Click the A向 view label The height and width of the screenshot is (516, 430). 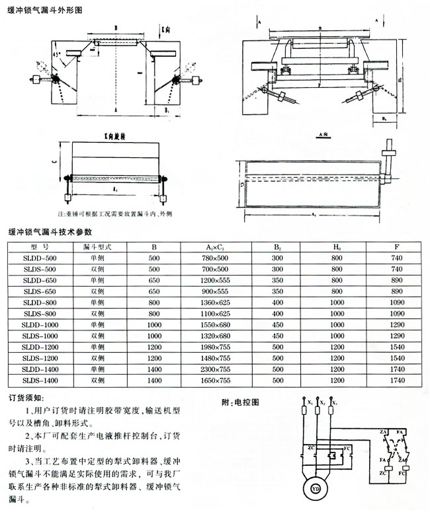324,134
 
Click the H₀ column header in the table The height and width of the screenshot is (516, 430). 338,247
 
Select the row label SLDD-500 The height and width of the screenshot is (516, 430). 40,258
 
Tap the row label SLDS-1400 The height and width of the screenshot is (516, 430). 40,381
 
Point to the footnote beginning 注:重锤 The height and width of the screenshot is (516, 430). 114,214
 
